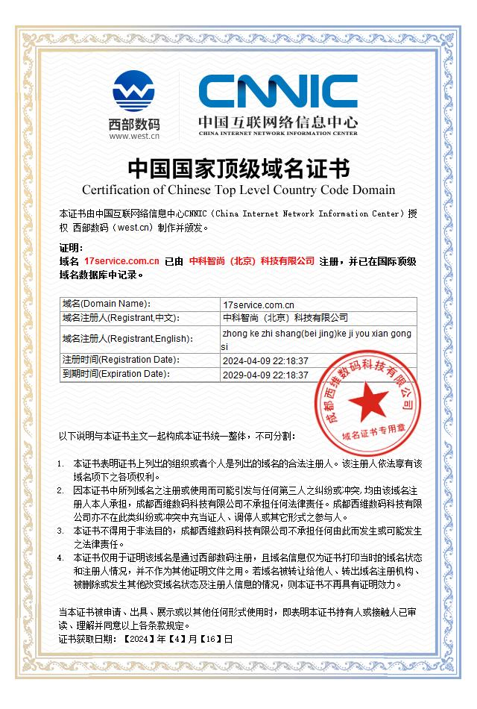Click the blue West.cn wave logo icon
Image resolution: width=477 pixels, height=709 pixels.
click(x=133, y=90)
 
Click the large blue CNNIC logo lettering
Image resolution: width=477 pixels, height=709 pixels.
click(x=277, y=91)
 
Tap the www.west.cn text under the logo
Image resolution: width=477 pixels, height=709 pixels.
click(x=134, y=136)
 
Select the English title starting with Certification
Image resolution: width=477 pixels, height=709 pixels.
click(x=238, y=189)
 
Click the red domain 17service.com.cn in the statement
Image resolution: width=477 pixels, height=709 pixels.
click(x=122, y=261)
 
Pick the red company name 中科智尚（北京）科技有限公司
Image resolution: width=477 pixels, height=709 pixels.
click(x=252, y=261)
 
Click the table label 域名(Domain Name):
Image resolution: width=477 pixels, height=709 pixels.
click(x=107, y=304)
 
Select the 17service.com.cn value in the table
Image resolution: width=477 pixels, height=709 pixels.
click(x=259, y=304)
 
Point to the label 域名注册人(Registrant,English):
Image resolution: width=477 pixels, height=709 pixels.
click(x=127, y=339)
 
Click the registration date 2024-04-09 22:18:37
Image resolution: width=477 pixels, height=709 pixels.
click(x=265, y=360)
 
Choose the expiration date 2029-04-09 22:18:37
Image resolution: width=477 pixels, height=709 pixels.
click(x=265, y=375)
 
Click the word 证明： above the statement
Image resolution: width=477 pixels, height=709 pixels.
click(x=71, y=248)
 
